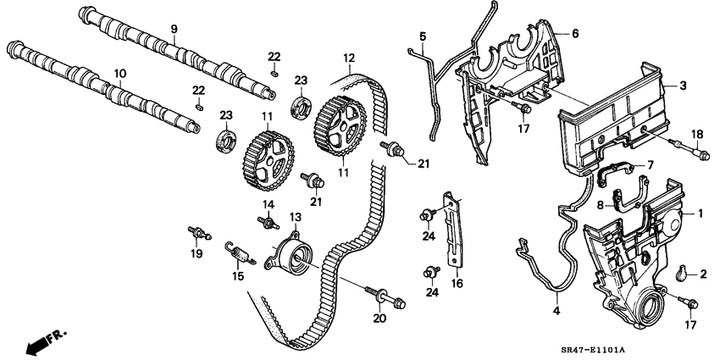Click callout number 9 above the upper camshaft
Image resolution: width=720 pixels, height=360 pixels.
click(x=173, y=29)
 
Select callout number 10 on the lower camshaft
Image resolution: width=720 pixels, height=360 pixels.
click(x=119, y=74)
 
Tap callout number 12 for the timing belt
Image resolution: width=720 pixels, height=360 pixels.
click(x=348, y=58)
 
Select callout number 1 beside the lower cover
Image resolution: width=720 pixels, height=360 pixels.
click(x=700, y=214)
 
